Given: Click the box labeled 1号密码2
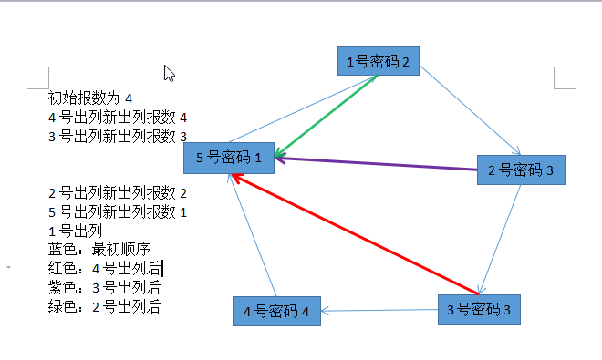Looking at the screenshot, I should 378,61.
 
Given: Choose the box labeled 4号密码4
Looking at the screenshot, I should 276,312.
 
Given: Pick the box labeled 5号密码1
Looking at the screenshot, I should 229,158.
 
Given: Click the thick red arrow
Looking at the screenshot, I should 356,231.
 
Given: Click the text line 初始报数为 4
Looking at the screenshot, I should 90,98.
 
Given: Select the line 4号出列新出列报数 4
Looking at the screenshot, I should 117,117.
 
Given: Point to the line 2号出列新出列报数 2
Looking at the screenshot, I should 117,192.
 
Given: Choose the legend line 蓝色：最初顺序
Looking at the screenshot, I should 99,250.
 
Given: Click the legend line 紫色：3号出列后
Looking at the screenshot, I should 104,288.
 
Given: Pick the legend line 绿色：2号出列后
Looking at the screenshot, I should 104,307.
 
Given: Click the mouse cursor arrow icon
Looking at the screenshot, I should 169,74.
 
